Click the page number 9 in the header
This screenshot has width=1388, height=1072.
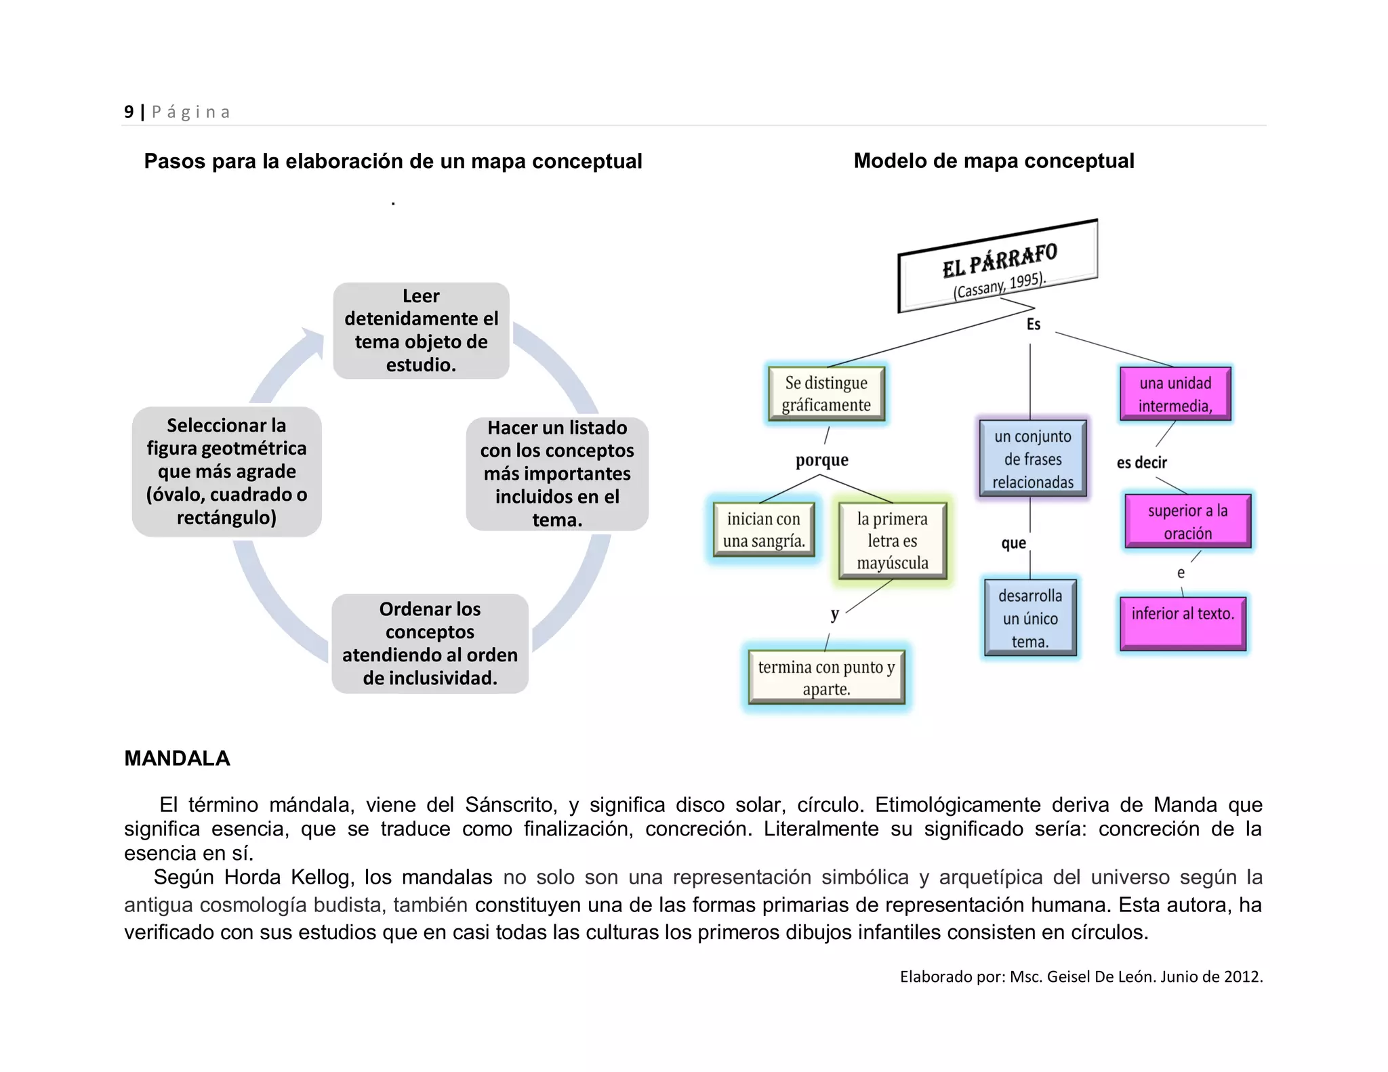click(129, 112)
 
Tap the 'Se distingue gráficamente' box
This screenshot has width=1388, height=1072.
click(826, 394)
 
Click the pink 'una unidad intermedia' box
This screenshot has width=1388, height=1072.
click(1175, 394)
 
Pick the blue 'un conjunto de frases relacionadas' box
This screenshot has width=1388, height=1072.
click(1032, 459)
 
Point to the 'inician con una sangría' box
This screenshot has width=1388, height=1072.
click(764, 530)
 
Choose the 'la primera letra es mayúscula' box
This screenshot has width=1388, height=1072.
click(892, 541)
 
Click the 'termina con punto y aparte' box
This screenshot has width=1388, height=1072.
click(826, 678)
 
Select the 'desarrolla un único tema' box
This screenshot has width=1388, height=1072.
click(1029, 618)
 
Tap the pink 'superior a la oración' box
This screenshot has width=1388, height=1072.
click(1187, 521)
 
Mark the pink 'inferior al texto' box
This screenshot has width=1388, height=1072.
click(1183, 622)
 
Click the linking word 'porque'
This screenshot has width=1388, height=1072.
click(821, 460)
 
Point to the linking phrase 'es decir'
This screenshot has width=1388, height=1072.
click(1142, 463)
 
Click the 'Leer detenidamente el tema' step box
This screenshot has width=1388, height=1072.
click(421, 331)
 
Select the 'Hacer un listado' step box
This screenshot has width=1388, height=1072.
click(557, 474)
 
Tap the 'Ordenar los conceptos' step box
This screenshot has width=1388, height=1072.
click(430, 644)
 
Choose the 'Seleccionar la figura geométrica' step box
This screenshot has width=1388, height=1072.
click(226, 472)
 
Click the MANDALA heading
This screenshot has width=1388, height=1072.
click(177, 758)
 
